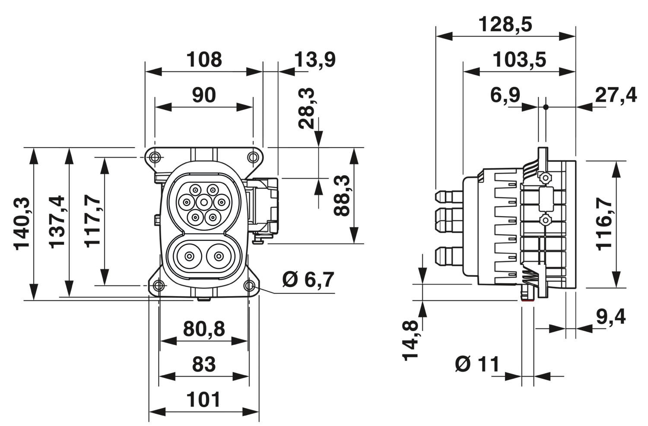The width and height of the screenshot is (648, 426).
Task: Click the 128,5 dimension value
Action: pyautogui.click(x=505, y=25)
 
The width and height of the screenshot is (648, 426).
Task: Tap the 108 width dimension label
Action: pyautogui.click(x=204, y=60)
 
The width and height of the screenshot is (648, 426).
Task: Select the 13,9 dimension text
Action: pyautogui.click(x=315, y=60)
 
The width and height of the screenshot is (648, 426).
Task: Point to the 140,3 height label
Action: pyautogui.click(x=22, y=224)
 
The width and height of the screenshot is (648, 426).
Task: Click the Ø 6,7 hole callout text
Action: pyautogui.click(x=308, y=279)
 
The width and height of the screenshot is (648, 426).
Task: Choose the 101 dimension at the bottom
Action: pyautogui.click(x=203, y=400)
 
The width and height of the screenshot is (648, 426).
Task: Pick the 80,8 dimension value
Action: pyautogui.click(x=204, y=329)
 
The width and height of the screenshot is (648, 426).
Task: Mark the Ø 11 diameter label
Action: pyautogui.click(x=477, y=364)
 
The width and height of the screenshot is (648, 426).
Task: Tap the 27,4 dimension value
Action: pyautogui.click(x=616, y=95)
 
